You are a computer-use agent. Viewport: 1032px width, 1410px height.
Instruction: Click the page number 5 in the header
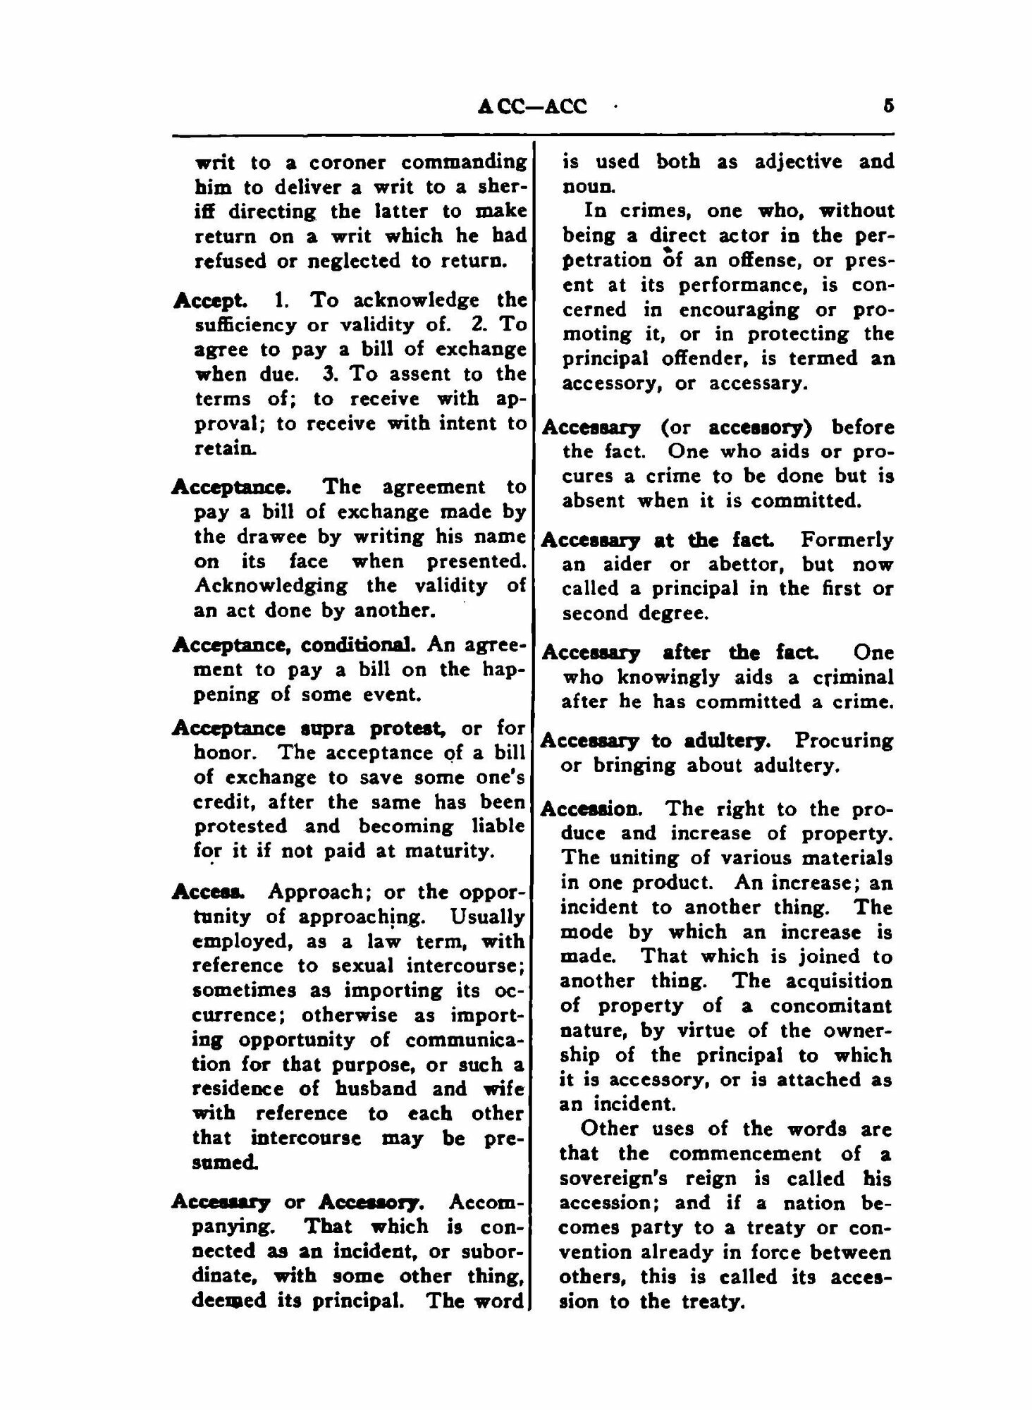point(888,106)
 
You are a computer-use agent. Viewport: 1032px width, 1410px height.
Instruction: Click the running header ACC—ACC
point(532,106)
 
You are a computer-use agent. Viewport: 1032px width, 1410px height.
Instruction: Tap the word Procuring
point(844,740)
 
